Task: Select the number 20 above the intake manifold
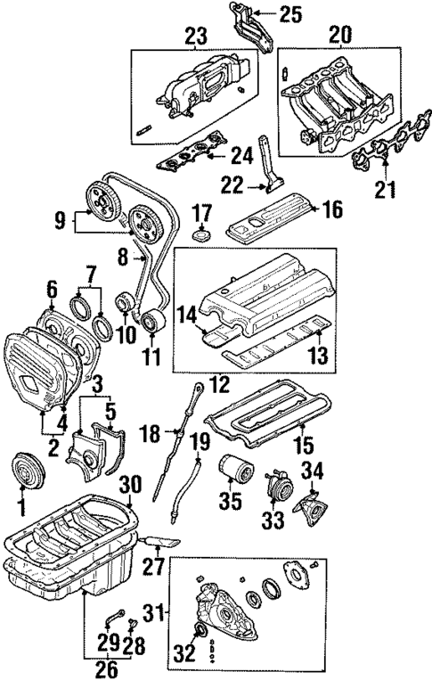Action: point(340,35)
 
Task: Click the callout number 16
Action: point(331,209)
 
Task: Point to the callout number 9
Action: point(59,218)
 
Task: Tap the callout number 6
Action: point(50,288)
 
